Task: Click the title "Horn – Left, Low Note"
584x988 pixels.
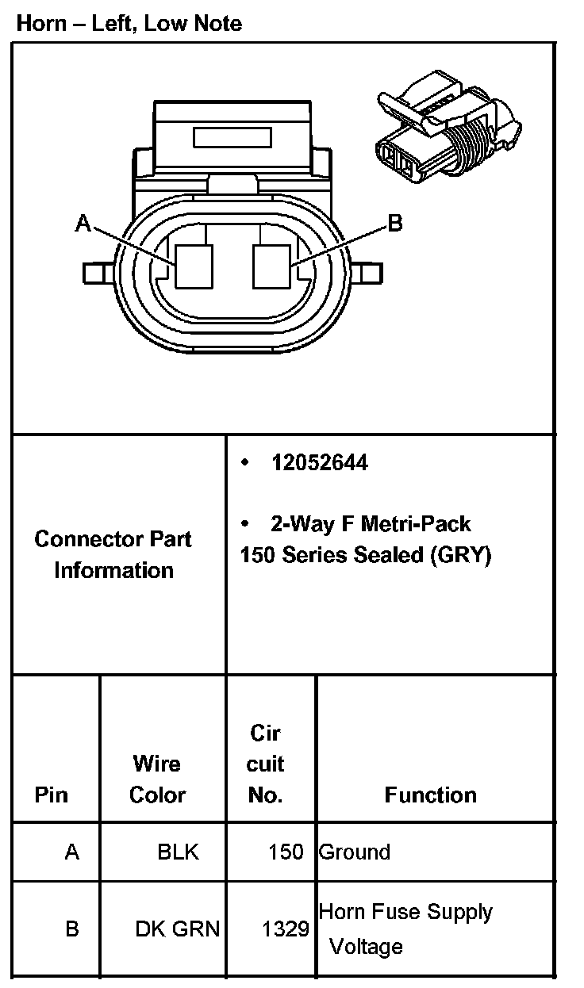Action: click(129, 24)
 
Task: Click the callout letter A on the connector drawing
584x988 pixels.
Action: click(83, 224)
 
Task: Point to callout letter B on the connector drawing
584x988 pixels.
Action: click(394, 224)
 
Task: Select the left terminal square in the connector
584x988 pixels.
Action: click(194, 266)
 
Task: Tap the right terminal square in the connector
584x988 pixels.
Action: click(272, 266)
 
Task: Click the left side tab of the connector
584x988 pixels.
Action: click(95, 273)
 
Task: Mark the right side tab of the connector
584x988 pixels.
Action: click(368, 273)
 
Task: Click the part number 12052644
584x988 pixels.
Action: click(319, 463)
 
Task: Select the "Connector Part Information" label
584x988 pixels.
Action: click(113, 554)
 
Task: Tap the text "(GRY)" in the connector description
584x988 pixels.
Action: click(460, 555)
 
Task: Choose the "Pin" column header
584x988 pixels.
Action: click(52, 795)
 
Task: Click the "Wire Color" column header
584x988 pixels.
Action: click(157, 779)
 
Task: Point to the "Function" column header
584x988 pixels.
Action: click(430, 795)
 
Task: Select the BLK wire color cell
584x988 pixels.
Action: click(178, 852)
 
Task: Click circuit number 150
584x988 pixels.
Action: click(286, 852)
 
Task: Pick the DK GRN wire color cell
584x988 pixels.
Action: click(177, 929)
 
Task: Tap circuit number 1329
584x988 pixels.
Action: click(286, 929)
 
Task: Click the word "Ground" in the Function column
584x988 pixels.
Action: click(355, 852)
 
